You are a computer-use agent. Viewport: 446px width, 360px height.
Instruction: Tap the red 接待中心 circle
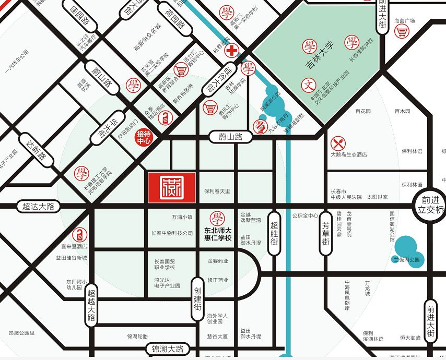pos(144,138)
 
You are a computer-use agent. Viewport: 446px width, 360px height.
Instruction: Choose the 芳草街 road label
pos(326,233)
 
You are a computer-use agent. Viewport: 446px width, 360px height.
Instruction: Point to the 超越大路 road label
pos(92,308)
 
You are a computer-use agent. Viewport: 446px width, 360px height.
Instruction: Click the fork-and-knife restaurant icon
pos(338,143)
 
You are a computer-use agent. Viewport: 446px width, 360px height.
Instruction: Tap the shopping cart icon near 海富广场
pos(401,32)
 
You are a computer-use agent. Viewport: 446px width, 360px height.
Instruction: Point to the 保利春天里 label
pos(217,191)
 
